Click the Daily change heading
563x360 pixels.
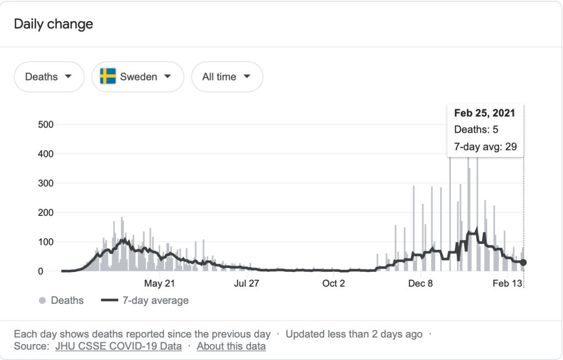[53, 24]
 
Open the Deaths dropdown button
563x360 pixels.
[49, 77]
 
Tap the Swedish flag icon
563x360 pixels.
[108, 77]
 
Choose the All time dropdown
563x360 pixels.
[227, 77]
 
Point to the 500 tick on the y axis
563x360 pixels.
[46, 124]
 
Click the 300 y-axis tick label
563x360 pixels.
[46, 183]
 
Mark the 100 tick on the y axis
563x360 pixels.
[46, 242]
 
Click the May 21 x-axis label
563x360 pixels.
[159, 283]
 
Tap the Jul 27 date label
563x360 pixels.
[247, 283]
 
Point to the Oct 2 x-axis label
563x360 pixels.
[334, 283]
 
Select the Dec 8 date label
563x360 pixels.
[421, 283]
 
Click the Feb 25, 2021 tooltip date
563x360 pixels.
[484, 113]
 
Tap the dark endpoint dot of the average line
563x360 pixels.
[523, 263]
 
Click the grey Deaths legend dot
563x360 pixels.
[42, 301]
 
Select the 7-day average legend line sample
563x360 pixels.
[111, 301]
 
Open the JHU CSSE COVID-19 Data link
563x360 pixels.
[118, 346]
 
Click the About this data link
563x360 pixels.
[231, 346]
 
